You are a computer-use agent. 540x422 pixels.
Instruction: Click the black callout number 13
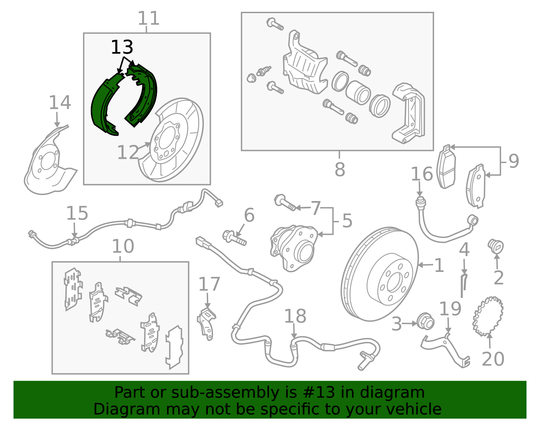click(122, 47)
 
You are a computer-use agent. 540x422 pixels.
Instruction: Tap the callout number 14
click(60, 103)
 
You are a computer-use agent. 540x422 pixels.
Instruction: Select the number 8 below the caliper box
click(340, 170)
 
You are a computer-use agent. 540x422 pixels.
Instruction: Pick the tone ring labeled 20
click(488, 316)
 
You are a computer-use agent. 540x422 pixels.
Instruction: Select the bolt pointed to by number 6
click(234, 237)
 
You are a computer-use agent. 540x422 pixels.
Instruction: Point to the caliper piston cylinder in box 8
click(358, 93)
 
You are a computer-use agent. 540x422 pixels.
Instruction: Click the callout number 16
click(422, 174)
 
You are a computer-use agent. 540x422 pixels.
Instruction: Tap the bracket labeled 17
click(207, 323)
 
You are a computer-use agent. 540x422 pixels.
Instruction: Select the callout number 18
click(295, 317)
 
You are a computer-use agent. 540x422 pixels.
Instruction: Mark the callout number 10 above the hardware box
click(123, 246)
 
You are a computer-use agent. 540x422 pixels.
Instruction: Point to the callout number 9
click(513, 161)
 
